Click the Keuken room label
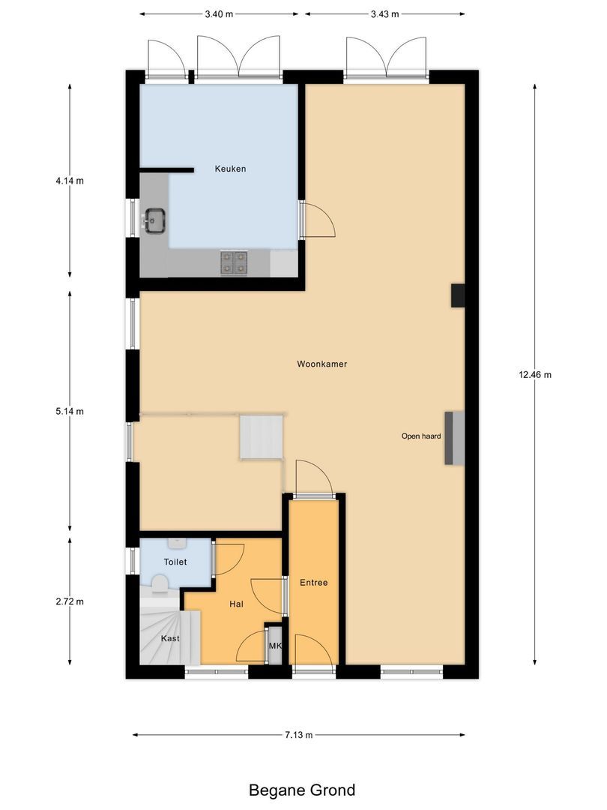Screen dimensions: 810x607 [230, 169]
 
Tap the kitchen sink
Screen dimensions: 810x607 [156, 220]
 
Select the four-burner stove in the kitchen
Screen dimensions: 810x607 [234, 262]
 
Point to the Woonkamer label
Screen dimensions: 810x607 [321, 364]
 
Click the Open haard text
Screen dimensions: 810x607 [420, 436]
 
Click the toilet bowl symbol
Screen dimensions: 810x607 [160, 582]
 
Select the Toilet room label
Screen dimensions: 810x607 [175, 562]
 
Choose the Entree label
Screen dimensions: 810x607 [313, 583]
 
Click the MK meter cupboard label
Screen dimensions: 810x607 [275, 646]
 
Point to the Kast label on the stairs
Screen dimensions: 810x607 [170, 639]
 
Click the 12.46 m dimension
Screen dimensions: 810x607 [535, 375]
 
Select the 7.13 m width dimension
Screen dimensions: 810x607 [298, 735]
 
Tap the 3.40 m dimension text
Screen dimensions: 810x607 [218, 14]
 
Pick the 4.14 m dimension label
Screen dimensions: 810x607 [70, 181]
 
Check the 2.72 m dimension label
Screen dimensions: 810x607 [70, 601]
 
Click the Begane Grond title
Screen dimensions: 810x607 [302, 790]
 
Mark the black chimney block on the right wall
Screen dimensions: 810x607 [457, 295]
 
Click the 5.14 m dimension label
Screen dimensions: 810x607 [70, 412]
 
